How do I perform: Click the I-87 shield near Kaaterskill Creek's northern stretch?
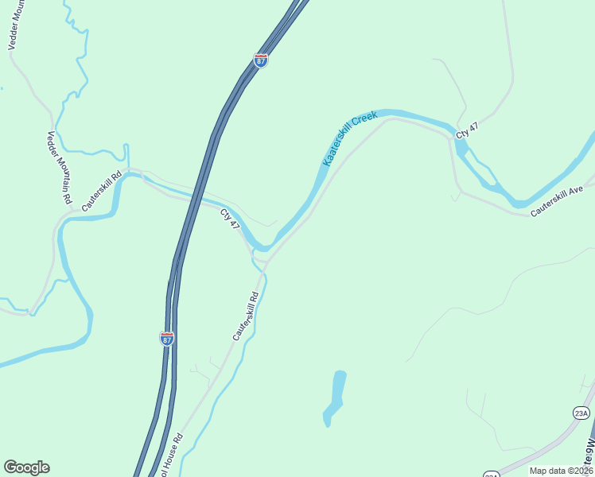[260, 59]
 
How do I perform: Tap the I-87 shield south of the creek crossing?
[167, 338]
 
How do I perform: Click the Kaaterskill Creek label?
[349, 138]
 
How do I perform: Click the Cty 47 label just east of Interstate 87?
[230, 219]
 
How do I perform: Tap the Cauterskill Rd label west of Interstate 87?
[101, 192]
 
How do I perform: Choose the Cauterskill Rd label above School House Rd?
[246, 316]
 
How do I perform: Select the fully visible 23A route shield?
[581, 413]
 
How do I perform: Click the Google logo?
[26, 467]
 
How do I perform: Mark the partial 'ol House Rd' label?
[173, 456]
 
